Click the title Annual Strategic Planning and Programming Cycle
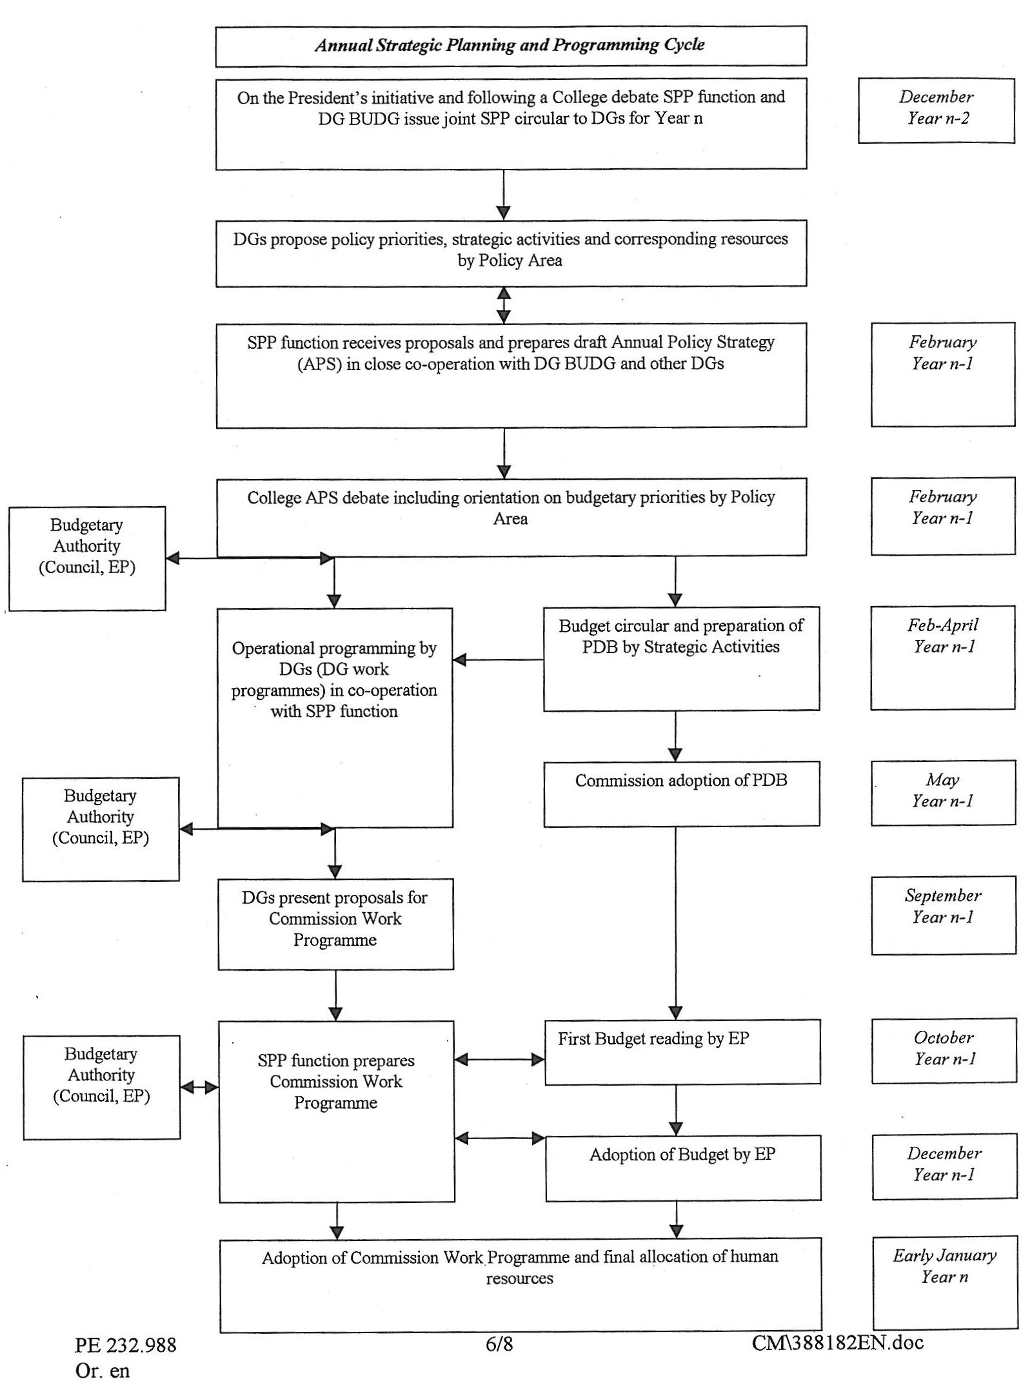[510, 45]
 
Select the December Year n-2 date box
[936, 110]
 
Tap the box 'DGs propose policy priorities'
[511, 253]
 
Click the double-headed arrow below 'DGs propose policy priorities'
[504, 305]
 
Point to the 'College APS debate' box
[511, 517]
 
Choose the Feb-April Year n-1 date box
[943, 658]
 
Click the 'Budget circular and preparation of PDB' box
[681, 659]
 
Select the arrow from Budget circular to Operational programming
[498, 660]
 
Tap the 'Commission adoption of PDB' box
[682, 794]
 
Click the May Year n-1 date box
[943, 793]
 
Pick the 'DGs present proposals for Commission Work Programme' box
[335, 924]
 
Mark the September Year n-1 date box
[944, 915]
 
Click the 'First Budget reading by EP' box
[682, 1052]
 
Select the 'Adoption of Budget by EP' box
[683, 1168]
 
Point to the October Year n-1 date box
[944, 1051]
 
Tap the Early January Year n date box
[945, 1283]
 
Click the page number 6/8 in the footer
[499, 1344]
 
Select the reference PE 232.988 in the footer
[125, 1345]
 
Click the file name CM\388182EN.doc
[838, 1342]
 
